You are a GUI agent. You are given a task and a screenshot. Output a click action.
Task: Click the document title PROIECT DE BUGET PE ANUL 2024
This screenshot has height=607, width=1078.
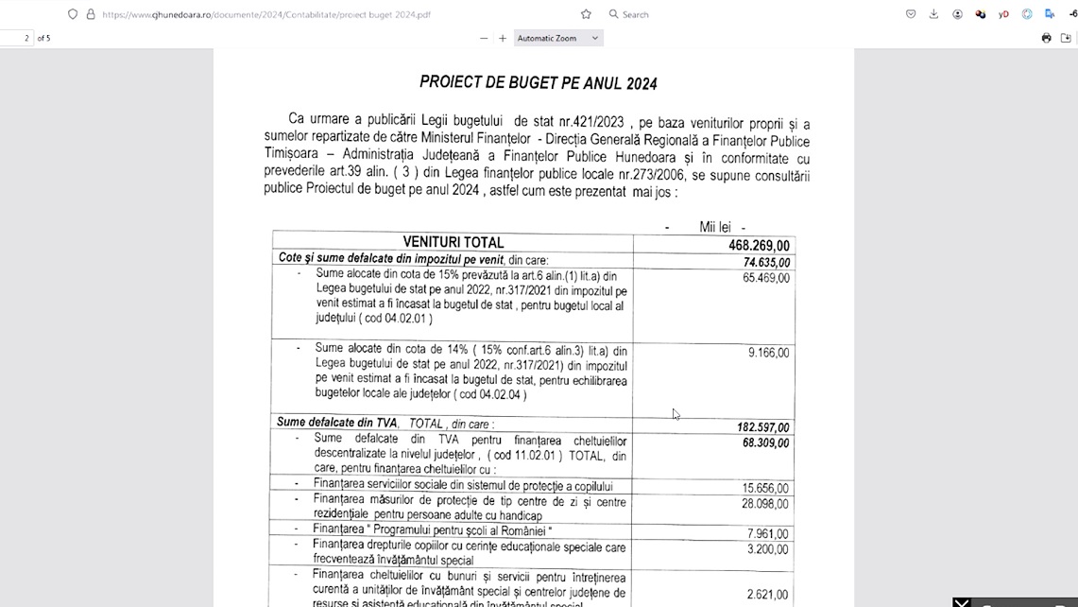(x=538, y=83)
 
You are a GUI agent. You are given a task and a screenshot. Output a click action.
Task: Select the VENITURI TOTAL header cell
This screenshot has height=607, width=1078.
(x=453, y=243)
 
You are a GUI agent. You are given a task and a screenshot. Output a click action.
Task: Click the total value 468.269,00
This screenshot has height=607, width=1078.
(x=759, y=246)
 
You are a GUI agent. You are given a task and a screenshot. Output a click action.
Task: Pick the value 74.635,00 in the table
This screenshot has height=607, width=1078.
(x=766, y=263)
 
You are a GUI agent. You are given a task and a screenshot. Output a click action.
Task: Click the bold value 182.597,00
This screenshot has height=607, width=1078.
(x=763, y=427)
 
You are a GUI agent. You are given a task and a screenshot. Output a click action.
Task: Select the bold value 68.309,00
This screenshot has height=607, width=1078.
(x=766, y=442)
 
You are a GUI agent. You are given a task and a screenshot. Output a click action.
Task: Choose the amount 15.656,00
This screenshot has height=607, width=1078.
(x=766, y=489)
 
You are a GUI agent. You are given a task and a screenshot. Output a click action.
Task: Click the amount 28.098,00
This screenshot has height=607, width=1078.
(x=766, y=504)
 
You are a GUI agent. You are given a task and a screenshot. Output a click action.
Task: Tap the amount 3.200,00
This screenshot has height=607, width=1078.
(x=768, y=548)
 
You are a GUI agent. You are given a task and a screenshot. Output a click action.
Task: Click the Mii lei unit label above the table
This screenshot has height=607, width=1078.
(x=714, y=227)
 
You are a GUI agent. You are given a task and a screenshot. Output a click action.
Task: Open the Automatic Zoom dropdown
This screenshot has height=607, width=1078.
(x=557, y=38)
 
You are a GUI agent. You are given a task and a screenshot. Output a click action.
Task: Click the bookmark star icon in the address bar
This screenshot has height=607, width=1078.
(x=586, y=14)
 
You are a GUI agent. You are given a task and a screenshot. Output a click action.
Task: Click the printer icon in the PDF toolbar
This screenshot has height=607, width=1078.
(x=1046, y=38)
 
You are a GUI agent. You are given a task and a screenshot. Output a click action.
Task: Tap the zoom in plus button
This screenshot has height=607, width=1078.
(x=503, y=38)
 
